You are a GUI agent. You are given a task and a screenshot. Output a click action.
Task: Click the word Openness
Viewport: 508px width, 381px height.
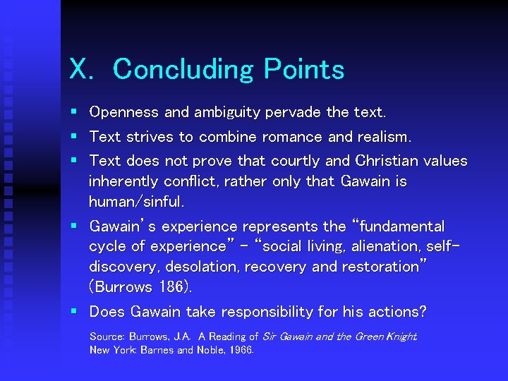pyautogui.click(x=124, y=112)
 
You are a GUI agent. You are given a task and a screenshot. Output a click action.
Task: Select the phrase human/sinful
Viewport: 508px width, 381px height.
pyautogui.click(x=136, y=202)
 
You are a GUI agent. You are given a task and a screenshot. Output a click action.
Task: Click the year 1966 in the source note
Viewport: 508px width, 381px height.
pyautogui.click(x=241, y=350)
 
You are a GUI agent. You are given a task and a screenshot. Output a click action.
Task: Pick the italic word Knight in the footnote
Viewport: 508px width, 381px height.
pyautogui.click(x=403, y=337)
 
